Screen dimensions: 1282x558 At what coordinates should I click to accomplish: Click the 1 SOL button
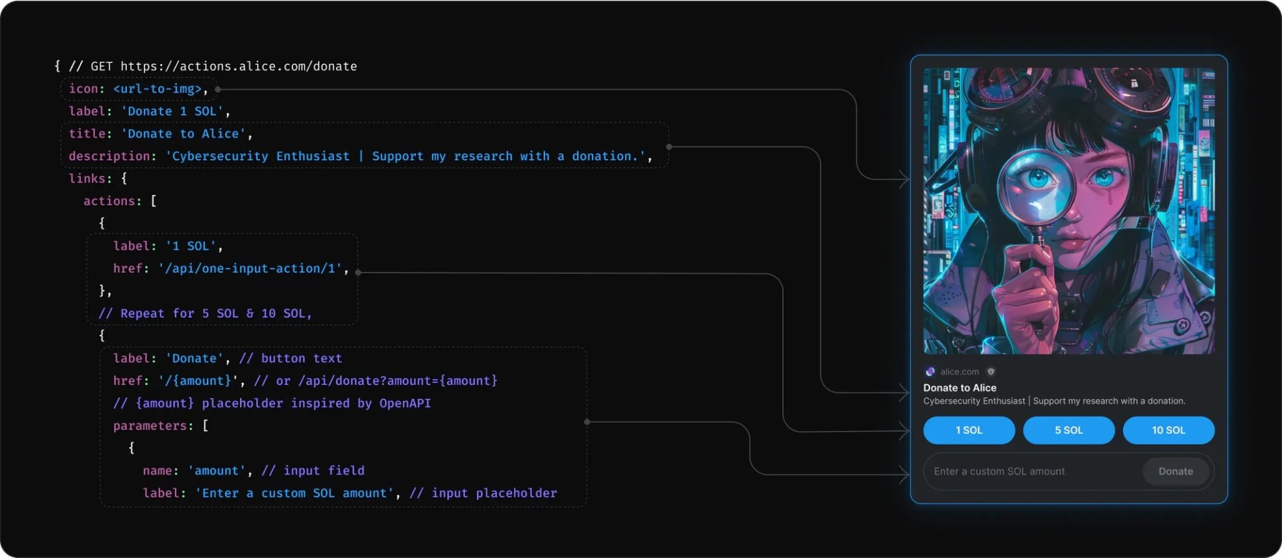969,430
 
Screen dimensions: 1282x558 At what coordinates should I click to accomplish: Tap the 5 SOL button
1068,430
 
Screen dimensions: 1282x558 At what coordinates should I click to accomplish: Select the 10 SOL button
1168,430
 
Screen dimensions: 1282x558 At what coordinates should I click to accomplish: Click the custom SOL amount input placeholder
999,471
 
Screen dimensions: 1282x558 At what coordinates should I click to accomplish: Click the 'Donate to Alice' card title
959,388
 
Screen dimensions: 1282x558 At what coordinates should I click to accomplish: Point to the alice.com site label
959,372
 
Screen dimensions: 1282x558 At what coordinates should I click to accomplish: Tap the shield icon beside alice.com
991,372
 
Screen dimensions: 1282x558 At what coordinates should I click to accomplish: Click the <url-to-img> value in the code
158,89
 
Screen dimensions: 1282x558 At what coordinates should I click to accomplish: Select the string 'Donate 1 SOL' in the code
172,112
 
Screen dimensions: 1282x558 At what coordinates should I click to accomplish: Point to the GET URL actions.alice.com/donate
238,66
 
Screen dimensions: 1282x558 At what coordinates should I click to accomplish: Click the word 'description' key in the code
109,156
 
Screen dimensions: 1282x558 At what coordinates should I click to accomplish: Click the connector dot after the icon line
218,89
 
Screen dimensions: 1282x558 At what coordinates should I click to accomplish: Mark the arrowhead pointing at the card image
904,179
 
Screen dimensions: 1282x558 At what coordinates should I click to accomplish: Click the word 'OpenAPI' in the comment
405,404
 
